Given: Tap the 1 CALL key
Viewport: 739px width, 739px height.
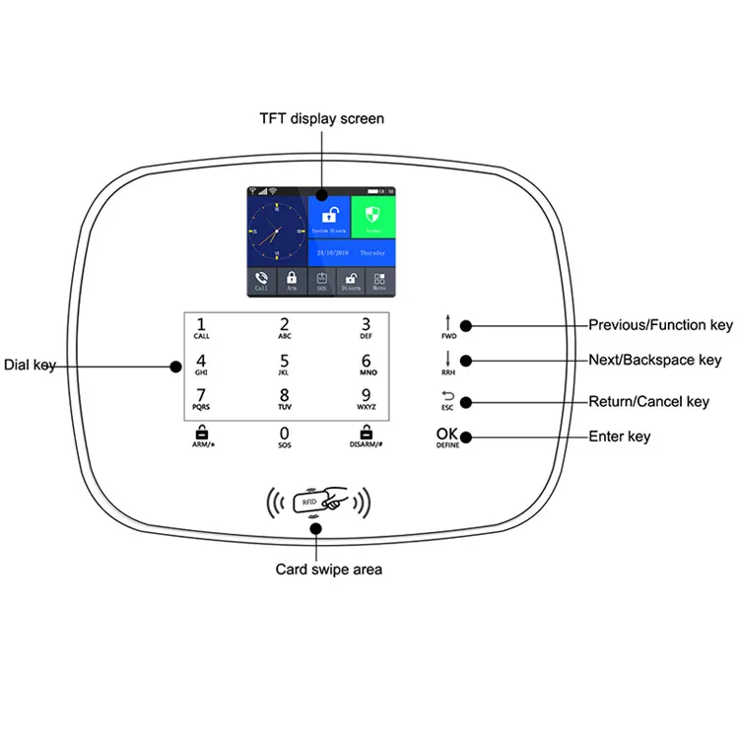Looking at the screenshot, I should click(x=202, y=327).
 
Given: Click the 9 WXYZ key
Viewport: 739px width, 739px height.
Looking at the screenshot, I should click(x=366, y=398).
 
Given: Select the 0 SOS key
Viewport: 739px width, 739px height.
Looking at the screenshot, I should click(x=284, y=437).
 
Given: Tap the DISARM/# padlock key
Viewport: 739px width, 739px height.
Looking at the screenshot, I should click(x=366, y=436).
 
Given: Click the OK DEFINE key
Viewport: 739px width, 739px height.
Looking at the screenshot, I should click(x=448, y=437).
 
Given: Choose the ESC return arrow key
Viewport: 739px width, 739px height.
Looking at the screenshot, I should click(x=448, y=400).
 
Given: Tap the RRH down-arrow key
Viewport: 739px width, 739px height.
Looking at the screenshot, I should click(x=448, y=363).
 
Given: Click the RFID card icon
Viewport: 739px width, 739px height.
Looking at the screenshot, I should click(x=317, y=501).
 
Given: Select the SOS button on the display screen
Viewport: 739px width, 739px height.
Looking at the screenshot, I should click(x=321, y=281).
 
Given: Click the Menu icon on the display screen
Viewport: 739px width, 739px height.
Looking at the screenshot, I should click(x=378, y=281).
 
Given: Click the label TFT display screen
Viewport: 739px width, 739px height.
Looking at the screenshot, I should click(x=321, y=119).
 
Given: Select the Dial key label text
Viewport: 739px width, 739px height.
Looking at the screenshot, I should click(x=30, y=365).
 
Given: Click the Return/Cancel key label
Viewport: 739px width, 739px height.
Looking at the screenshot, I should click(x=648, y=401).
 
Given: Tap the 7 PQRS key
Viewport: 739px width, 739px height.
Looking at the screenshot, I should click(x=202, y=398).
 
